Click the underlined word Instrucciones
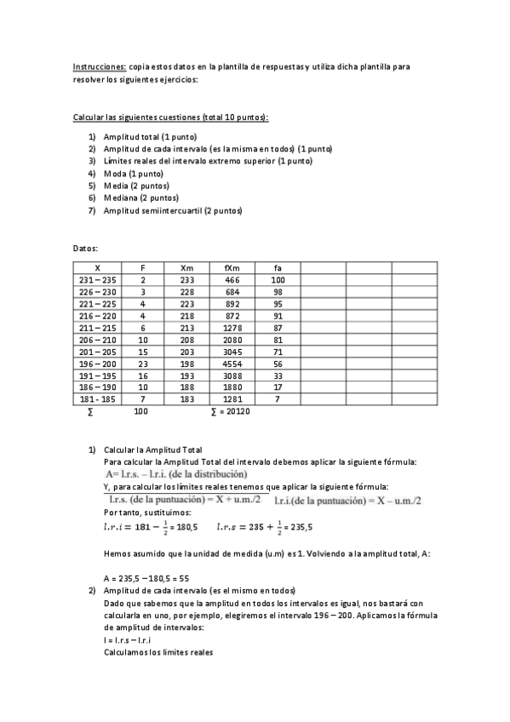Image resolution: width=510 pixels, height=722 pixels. pos(99,66)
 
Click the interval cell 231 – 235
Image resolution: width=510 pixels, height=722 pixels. pos(97,279)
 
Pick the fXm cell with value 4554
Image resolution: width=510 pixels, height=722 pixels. pos(232,363)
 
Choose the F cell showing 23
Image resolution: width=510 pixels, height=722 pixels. pos(143,363)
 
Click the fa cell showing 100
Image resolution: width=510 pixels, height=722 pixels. pos(278,279)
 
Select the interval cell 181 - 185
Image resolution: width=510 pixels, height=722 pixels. pos(97,398)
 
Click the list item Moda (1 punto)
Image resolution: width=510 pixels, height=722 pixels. pos(133,173)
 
